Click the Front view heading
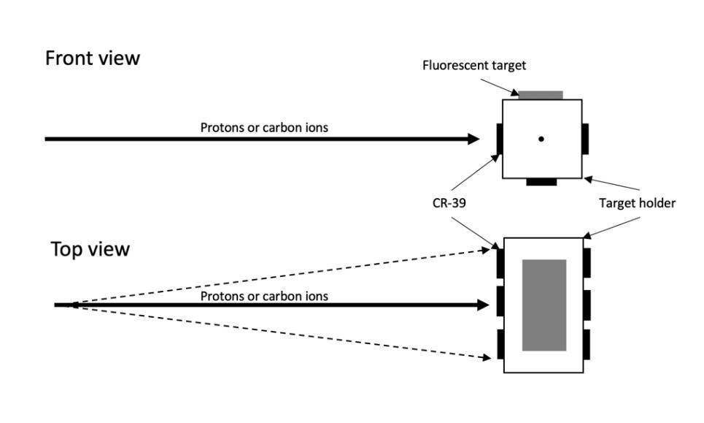[x=92, y=58]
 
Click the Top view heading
[x=90, y=249]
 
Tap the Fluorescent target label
[x=474, y=66]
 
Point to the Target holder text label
[x=637, y=204]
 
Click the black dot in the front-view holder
[x=541, y=139]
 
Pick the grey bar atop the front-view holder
[x=541, y=95]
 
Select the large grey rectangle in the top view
[x=544, y=305]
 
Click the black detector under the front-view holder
[x=541, y=181]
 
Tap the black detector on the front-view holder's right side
[x=585, y=139]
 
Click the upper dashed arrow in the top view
[x=277, y=276]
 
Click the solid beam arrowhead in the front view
[x=473, y=139]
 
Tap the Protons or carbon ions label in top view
[x=264, y=296]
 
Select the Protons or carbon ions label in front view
[x=264, y=128]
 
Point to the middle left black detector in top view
[x=500, y=301]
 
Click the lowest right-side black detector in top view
[x=587, y=344]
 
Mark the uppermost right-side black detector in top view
[x=587, y=262]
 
